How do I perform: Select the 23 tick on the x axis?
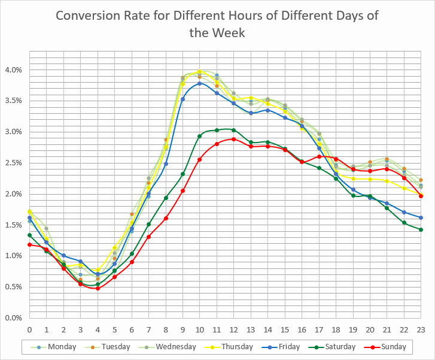click(x=421, y=329)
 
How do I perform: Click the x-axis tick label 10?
click(x=200, y=329)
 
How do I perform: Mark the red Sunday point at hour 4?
click(x=98, y=288)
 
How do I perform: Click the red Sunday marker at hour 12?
click(x=233, y=139)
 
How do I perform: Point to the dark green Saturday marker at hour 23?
click(x=421, y=229)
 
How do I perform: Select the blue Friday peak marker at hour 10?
click(x=200, y=83)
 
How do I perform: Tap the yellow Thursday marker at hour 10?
click(x=200, y=72)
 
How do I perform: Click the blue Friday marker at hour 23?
click(x=421, y=217)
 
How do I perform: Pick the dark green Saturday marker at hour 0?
click(x=29, y=235)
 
